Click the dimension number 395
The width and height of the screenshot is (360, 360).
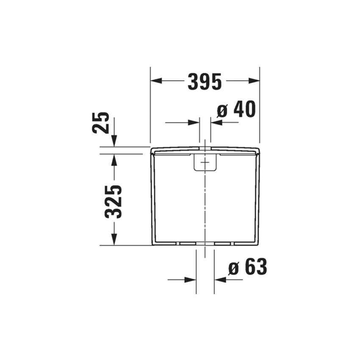[x=205, y=81]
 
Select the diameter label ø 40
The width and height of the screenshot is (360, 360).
[x=236, y=110]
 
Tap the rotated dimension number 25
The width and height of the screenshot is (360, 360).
[x=101, y=123]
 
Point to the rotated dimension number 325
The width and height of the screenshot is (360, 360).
[x=114, y=202]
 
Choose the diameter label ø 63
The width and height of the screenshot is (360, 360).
[x=248, y=267]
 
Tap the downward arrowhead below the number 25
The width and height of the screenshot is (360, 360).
[x=114, y=141]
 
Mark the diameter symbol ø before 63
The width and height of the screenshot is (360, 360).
[x=234, y=268]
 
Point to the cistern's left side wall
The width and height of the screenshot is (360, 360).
[x=152, y=199]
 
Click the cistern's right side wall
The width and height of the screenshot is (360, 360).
[x=258, y=199]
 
